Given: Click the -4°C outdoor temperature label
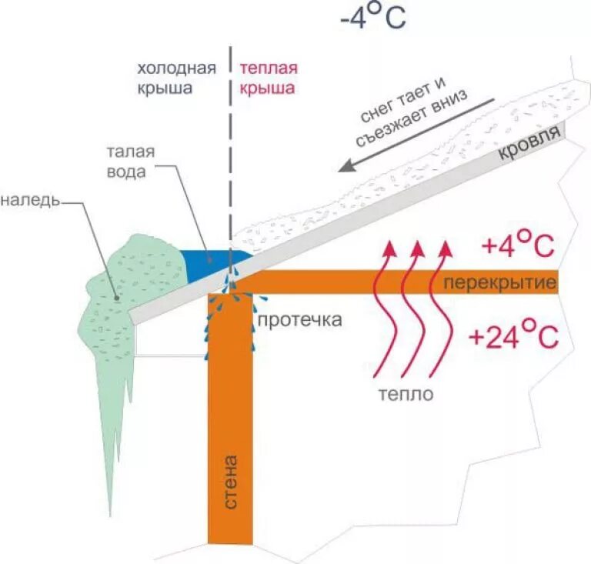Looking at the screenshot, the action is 372,18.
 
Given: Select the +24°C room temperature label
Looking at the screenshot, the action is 511,337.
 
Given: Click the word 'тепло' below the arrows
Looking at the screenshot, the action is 406,394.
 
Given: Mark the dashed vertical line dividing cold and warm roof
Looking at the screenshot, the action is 230,154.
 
